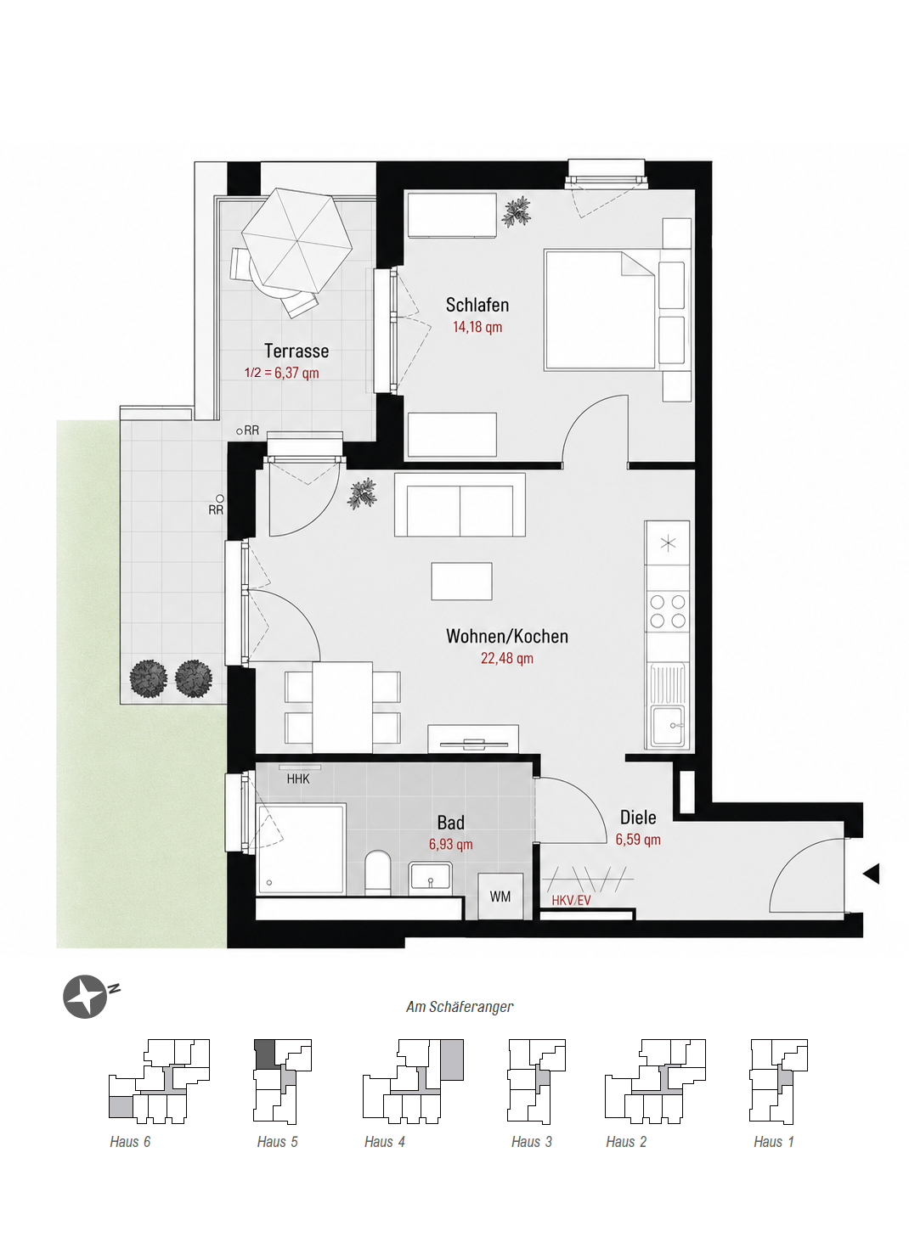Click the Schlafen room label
coord(477,305)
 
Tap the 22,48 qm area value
coord(507,658)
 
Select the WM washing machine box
coord(500,897)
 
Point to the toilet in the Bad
coord(378,873)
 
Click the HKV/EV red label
coord(571,900)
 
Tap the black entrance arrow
coord(872,874)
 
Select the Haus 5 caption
coord(277,1142)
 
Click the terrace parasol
coord(296,241)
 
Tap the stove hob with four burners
coord(668,611)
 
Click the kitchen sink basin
coord(668,724)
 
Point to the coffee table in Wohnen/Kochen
coord(461,581)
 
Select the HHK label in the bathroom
coord(298,779)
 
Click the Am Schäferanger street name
coord(460,1007)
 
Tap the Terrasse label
coord(296,351)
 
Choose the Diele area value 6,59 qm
coord(638,839)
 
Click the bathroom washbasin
coord(430,877)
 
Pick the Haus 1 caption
coord(773,1142)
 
